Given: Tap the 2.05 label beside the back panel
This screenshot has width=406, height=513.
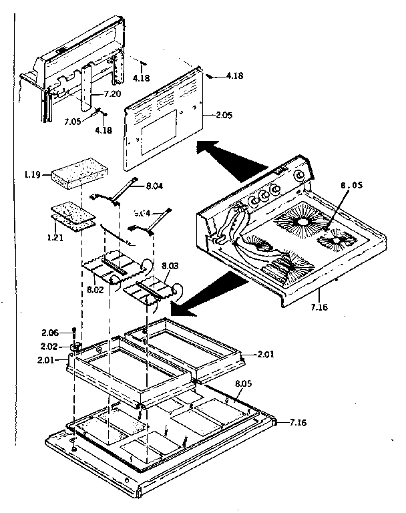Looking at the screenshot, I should pyautogui.click(x=224, y=116).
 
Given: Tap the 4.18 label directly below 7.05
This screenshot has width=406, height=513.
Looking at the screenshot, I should pyautogui.click(x=104, y=130).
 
